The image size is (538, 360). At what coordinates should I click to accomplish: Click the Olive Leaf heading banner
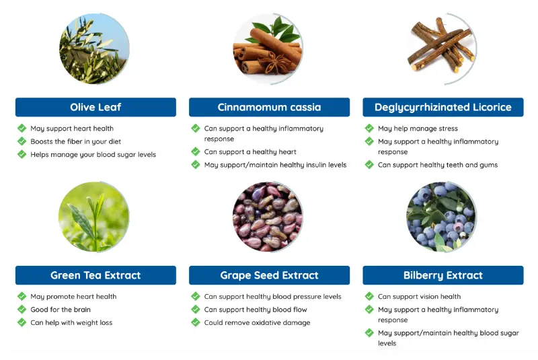pos(95,107)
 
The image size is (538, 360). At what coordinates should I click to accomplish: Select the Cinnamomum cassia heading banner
pos(270,107)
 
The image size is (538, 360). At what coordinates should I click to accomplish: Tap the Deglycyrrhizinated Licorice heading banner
pos(443,107)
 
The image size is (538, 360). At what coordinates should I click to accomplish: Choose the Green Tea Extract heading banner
pos(95,275)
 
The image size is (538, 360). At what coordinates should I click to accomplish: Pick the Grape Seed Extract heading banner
pos(270,275)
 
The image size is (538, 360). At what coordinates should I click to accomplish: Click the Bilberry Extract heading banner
pos(443,275)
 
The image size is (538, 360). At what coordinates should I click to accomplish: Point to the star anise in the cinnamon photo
pos(272,63)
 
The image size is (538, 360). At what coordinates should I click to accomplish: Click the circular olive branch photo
pos(94,48)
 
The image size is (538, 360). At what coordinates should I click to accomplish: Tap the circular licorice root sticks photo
pos(442,48)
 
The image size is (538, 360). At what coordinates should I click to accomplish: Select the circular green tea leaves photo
pos(94,217)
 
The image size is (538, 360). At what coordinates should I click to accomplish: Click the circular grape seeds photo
pos(268,217)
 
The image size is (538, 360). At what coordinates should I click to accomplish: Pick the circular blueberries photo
pos(442,217)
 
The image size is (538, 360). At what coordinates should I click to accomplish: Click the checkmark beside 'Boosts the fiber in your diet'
pos(22,141)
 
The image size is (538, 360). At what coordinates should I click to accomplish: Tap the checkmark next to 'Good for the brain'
pos(22,310)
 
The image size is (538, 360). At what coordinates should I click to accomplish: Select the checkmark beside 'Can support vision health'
pos(369,296)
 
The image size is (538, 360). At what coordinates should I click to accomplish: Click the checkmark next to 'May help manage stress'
pos(369,129)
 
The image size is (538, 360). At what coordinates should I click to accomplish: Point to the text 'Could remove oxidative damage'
pos(257,322)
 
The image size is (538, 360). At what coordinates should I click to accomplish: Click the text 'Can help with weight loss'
pos(71,322)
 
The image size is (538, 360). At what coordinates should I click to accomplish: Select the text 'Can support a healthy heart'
pos(250,152)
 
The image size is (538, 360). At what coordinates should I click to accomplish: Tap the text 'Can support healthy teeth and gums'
pos(438,165)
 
